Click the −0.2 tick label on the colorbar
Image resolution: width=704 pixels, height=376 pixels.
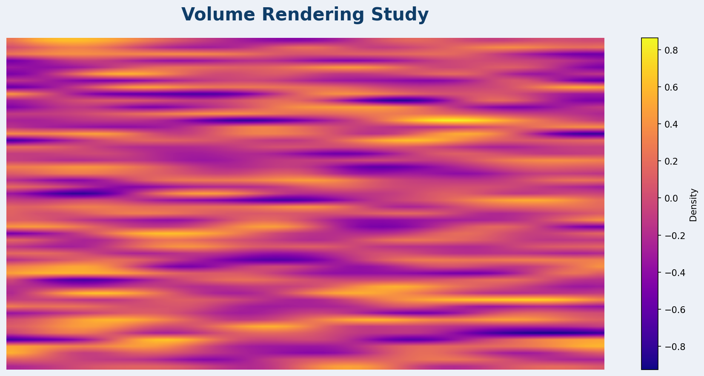(670, 236)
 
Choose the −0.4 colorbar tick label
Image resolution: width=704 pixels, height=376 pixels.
(670, 273)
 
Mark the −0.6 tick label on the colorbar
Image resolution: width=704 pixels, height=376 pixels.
(670, 310)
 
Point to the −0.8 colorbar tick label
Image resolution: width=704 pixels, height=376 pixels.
(670, 347)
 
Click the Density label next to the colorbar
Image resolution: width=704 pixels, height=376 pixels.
(693, 205)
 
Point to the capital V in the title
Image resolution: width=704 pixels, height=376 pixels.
(188, 14)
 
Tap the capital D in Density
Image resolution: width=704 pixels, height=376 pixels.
(693, 219)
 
